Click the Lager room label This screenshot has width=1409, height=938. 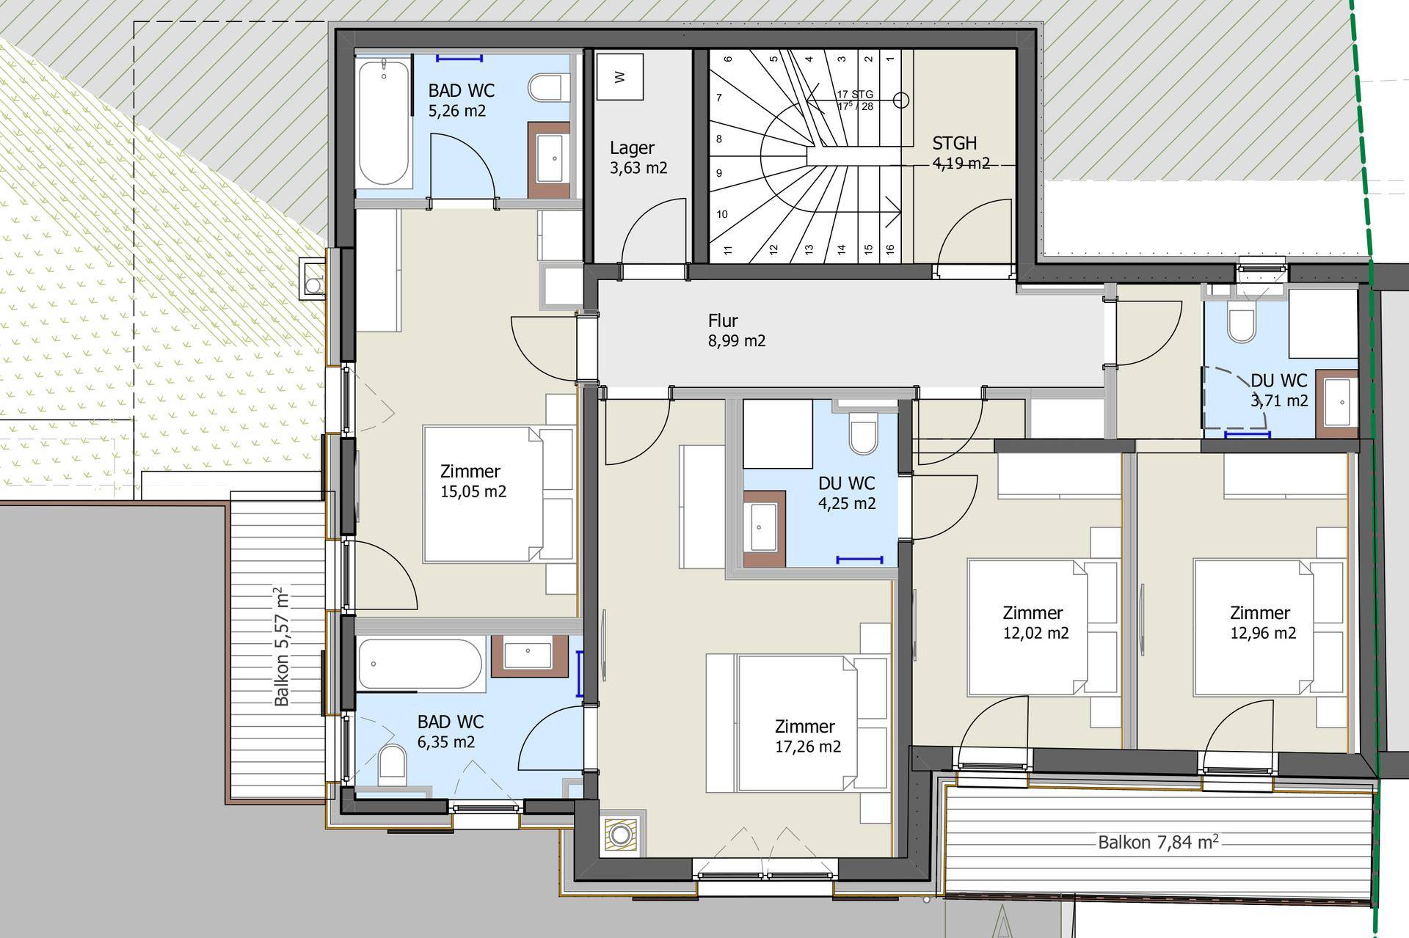[x=632, y=148]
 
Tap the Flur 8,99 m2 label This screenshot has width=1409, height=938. [x=736, y=331]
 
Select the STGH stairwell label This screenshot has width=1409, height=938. [x=954, y=143]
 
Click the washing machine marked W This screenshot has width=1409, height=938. [x=620, y=76]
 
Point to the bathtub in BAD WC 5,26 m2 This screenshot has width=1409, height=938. [x=384, y=123]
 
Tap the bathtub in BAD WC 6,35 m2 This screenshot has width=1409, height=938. [x=420, y=664]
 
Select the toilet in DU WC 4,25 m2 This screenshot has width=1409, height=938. [x=863, y=434]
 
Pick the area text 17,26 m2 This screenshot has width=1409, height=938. [x=808, y=747]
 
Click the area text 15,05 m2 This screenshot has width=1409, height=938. [x=473, y=491]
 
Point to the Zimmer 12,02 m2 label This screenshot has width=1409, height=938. [x=1035, y=623]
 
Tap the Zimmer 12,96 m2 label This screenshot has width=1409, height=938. [x=1262, y=623]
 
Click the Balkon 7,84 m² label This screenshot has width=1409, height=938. [x=1158, y=841]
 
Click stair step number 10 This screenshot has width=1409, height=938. [x=722, y=214]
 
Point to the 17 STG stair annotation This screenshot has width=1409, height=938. [x=856, y=94]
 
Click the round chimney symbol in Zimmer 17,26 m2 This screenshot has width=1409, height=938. [x=622, y=834]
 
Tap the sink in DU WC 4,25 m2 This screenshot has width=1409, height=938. [x=764, y=527]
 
